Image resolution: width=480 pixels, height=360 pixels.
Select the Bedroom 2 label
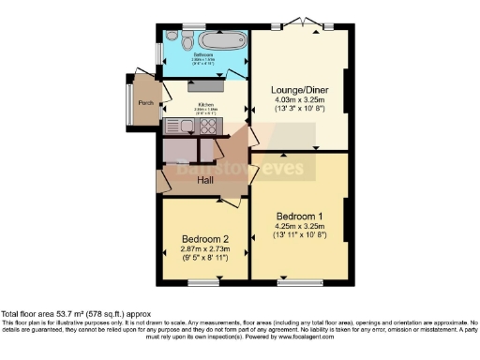205,238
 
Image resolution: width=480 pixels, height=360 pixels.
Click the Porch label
145,103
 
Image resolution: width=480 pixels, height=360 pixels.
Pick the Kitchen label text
205,104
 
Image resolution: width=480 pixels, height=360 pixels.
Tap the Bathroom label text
202,55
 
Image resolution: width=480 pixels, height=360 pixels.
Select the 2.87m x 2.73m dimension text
205,249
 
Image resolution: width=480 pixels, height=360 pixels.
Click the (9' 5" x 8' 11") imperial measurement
205,259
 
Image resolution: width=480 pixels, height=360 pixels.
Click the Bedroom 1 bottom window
298,279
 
